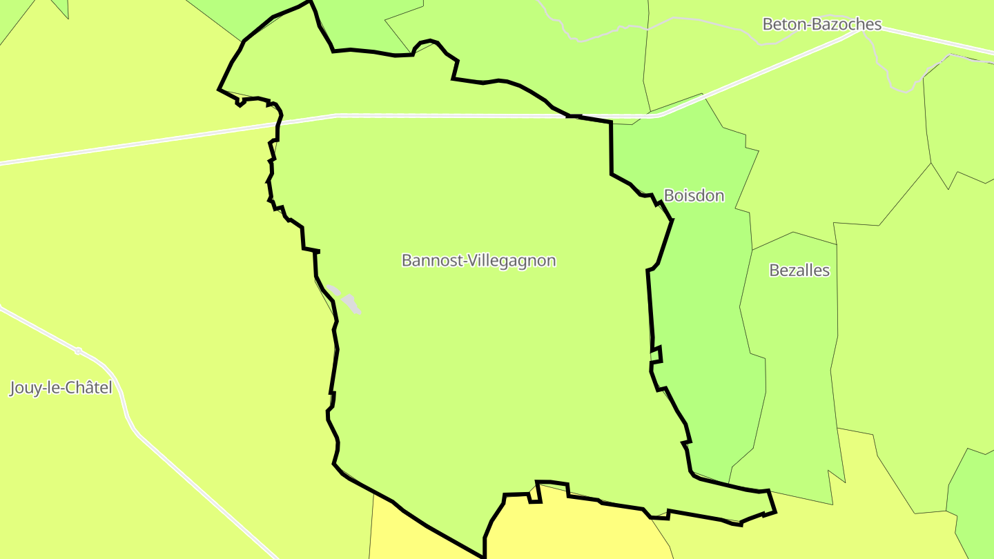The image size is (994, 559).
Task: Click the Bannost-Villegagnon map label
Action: pyautogui.click(x=478, y=261)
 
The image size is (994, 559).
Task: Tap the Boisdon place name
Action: pyautogui.click(x=694, y=196)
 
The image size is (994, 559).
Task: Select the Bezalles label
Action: pyautogui.click(x=799, y=271)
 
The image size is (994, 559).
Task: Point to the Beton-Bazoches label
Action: pyautogui.click(x=821, y=25)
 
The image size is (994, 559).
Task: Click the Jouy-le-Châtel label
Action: pyautogui.click(x=61, y=388)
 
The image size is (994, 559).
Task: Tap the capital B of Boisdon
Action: pyautogui.click(x=668, y=196)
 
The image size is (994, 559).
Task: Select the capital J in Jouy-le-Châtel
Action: pyautogui.click(x=13, y=389)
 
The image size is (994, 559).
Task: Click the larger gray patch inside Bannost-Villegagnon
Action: pyautogui.click(x=351, y=303)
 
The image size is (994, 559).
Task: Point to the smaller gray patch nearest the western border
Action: pyautogui.click(x=333, y=291)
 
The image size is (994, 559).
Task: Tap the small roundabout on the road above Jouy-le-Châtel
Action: pyautogui.click(x=78, y=351)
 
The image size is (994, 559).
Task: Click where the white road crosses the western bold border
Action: pyautogui.click(x=278, y=124)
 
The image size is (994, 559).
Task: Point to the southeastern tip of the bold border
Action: pyautogui.click(x=775, y=511)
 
